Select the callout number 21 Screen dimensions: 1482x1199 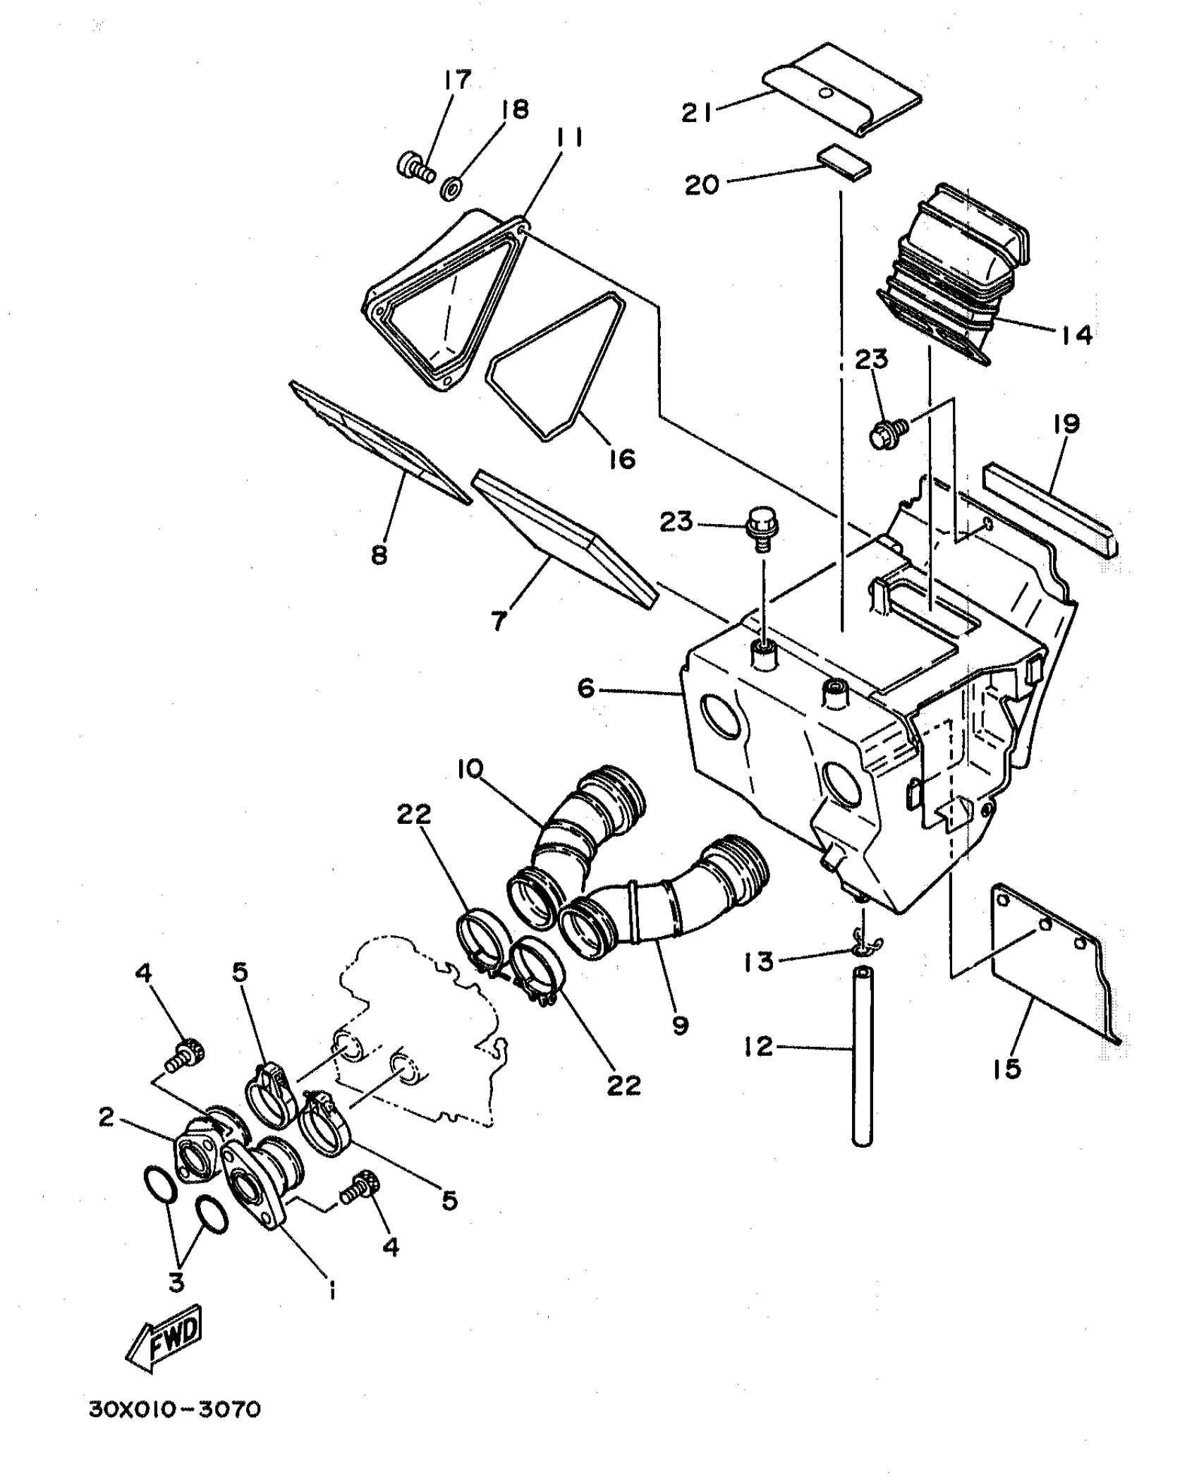[x=698, y=112]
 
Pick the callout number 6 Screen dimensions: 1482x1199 [x=586, y=687]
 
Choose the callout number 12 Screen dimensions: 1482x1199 [x=758, y=1046]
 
